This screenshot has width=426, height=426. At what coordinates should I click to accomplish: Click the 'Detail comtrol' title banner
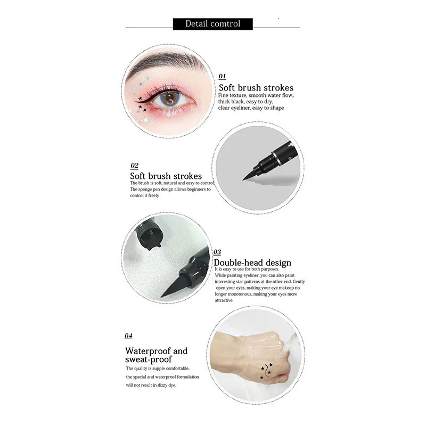(x=213, y=24)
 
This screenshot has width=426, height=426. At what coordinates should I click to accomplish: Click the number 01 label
(x=223, y=76)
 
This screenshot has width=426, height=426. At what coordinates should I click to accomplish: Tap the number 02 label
(x=134, y=166)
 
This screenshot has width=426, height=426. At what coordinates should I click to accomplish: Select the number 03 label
(x=217, y=252)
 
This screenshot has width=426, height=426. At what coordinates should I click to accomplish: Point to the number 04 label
(x=128, y=336)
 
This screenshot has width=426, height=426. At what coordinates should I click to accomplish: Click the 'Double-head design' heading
(x=252, y=263)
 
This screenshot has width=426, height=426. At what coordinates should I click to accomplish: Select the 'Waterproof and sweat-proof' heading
(x=157, y=355)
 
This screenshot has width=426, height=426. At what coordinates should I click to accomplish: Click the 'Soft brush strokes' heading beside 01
(x=256, y=88)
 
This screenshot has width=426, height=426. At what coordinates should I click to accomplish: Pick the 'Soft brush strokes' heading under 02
(x=166, y=176)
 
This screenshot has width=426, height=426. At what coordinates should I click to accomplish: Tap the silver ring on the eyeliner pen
(x=275, y=155)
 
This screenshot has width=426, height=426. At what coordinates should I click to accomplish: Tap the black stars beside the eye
(x=142, y=104)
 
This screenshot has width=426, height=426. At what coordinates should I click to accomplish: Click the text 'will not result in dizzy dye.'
(x=151, y=385)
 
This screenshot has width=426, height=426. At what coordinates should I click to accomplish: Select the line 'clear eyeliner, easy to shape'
(x=251, y=108)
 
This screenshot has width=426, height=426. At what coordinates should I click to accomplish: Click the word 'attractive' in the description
(x=224, y=300)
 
